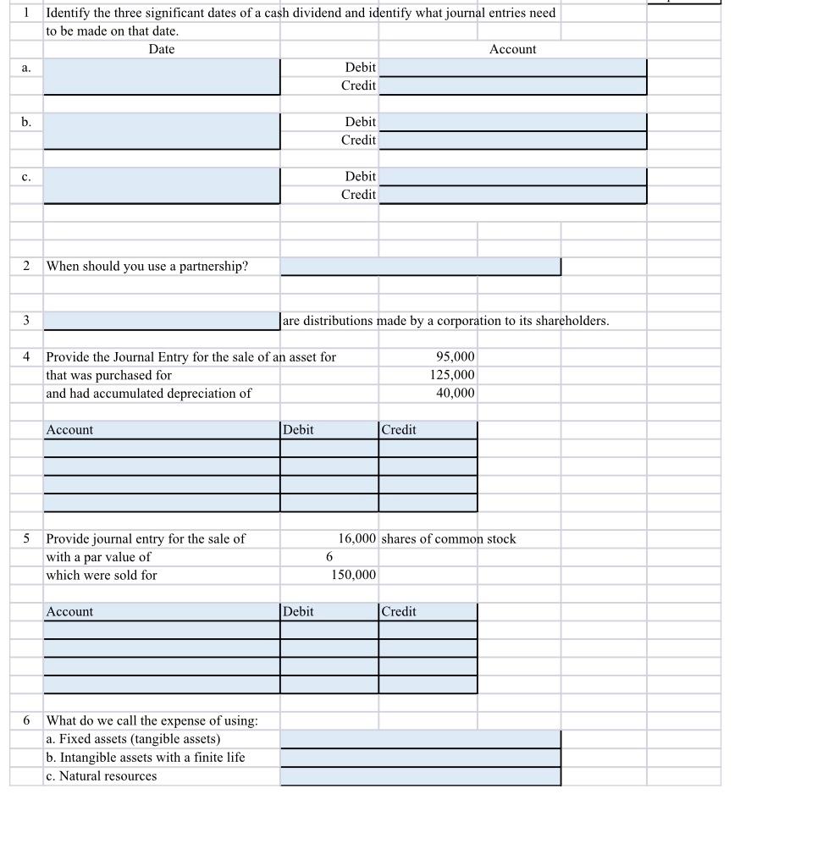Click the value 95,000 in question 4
455,357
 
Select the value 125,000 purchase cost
451,375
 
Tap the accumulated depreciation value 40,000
455,394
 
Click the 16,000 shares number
356,539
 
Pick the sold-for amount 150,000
353,576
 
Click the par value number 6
329,557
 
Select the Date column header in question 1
162,49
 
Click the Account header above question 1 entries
512,49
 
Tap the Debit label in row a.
360,67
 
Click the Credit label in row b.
358,141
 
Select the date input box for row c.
162,185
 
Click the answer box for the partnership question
420,267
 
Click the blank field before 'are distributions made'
162,321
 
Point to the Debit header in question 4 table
298,430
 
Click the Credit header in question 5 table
399,612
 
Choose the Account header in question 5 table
70,612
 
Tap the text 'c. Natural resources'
102,776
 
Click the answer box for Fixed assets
420,739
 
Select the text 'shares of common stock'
449,539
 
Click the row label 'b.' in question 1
26,122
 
